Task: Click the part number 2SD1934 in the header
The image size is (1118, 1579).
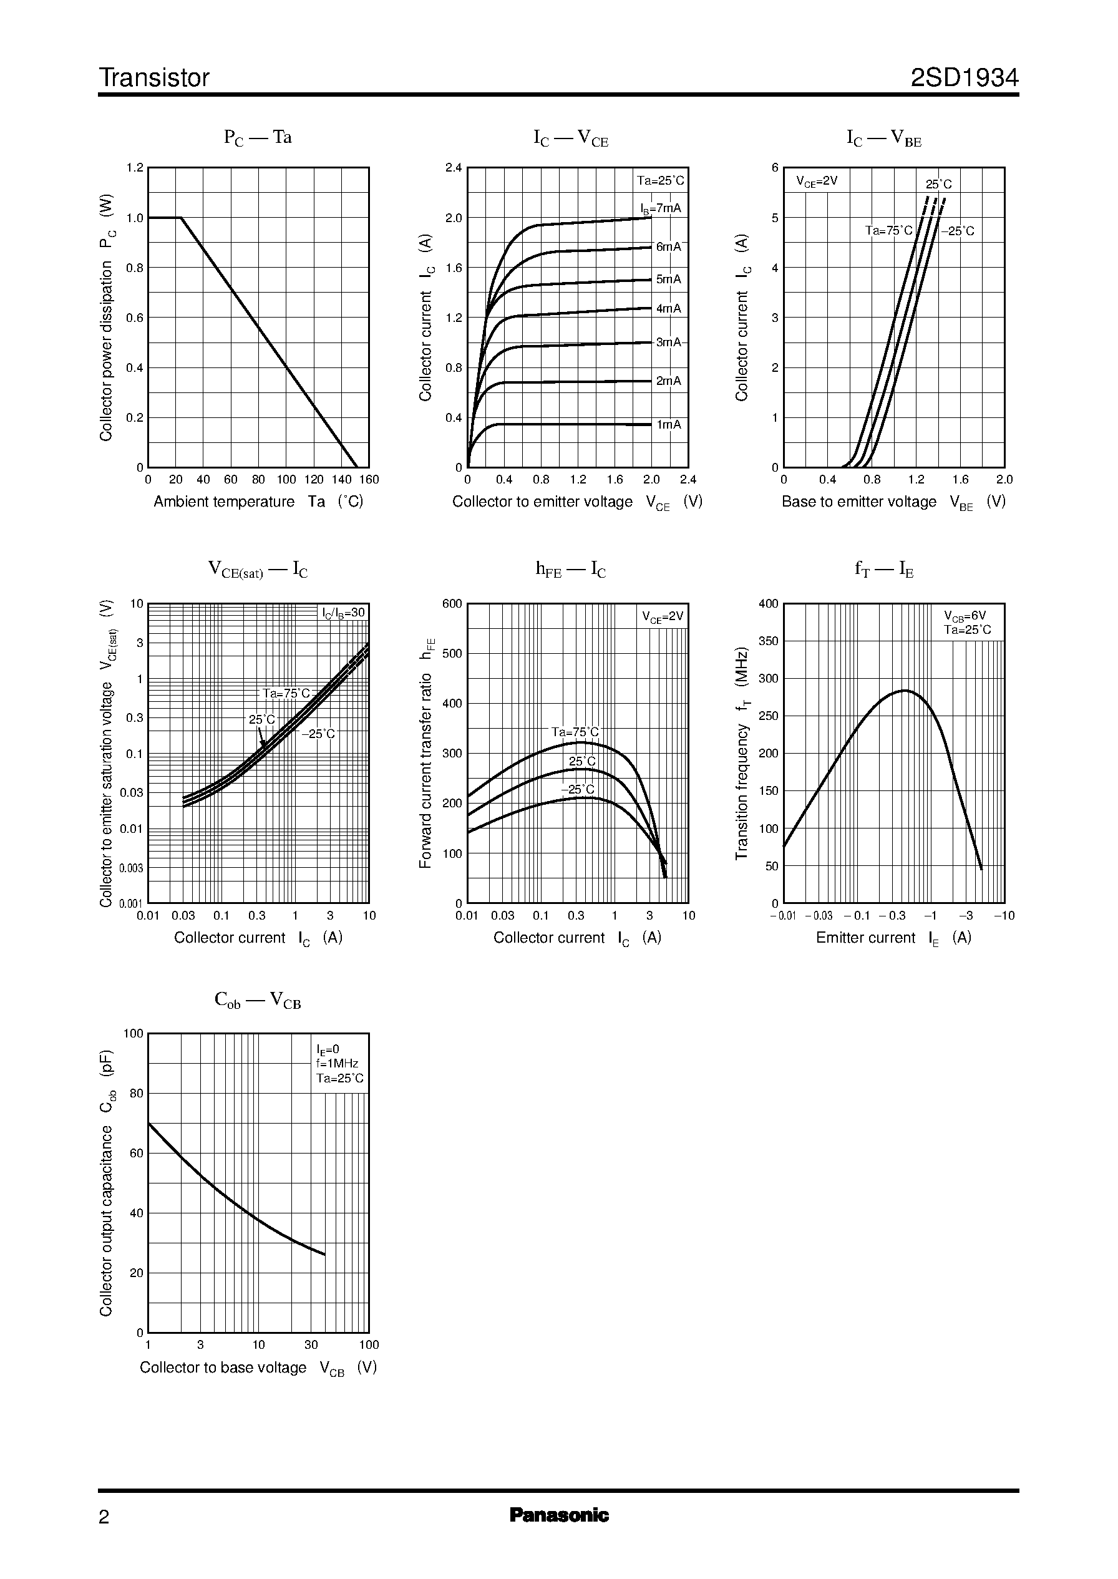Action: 964,78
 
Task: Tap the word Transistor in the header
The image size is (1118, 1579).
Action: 154,78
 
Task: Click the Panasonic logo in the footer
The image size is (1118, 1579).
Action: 559,1515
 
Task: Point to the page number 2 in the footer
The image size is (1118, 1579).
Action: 104,1517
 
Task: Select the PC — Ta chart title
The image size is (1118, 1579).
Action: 258,138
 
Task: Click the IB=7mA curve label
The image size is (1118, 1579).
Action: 660,208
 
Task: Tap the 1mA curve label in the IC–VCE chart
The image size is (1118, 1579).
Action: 668,425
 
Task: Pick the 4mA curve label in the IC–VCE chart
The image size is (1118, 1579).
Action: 668,309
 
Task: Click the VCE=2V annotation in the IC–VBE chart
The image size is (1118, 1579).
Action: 817,182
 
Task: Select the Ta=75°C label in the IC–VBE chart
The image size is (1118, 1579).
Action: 888,231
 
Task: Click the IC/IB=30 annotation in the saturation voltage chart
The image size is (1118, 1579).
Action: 344,613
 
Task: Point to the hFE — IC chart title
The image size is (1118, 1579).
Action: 571,569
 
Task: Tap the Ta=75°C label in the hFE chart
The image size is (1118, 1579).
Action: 575,732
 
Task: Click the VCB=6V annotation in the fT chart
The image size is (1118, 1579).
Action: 965,615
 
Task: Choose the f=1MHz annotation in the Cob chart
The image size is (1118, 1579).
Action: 337,1064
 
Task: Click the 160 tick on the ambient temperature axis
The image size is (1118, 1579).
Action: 369,480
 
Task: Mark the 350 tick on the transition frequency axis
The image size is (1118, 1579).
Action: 768,641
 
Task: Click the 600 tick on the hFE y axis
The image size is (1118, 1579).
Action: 452,604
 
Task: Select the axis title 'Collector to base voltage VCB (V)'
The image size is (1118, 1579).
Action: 258,1368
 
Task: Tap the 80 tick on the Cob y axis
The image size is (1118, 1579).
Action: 136,1093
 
